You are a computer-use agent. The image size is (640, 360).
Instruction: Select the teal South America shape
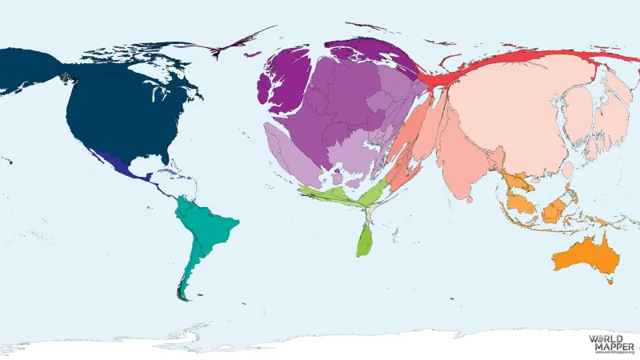(204, 232)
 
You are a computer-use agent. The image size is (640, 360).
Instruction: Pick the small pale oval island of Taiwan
(567, 170)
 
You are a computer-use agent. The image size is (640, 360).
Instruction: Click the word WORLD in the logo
(605, 339)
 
